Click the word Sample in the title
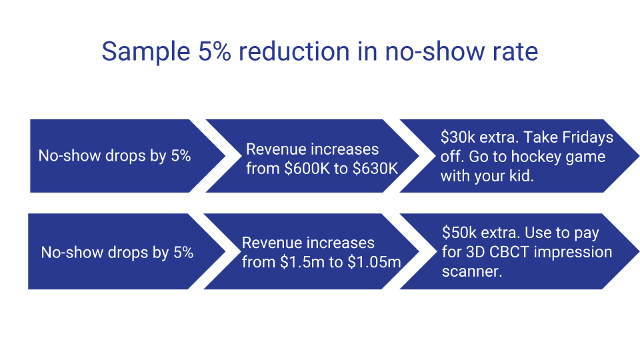coord(146,53)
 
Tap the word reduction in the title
coord(294,51)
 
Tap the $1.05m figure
coord(374,262)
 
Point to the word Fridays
coord(588,137)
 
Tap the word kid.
coord(523,176)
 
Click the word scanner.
coord(472,271)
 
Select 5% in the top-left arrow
coord(181,156)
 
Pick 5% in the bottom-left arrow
coord(183,253)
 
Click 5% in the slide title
coord(215,52)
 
